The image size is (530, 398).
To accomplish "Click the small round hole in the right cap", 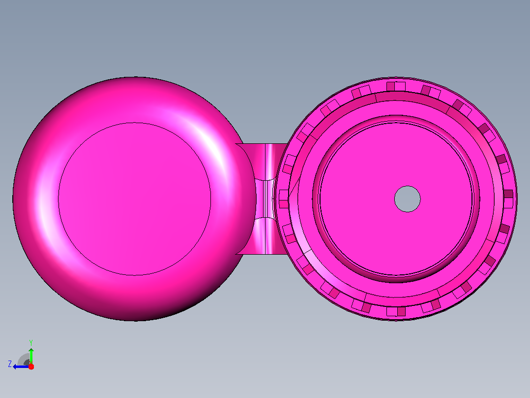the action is pyautogui.click(x=407, y=199).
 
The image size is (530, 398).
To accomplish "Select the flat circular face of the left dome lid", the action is pyautogui.click(x=135, y=199).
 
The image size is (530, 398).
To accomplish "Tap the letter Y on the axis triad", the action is pyautogui.click(x=31, y=342).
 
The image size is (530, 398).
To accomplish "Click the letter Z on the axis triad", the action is pyautogui.click(x=10, y=364).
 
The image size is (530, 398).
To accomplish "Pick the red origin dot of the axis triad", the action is pyautogui.click(x=31, y=366).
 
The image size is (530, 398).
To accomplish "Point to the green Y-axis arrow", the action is pyautogui.click(x=31, y=356).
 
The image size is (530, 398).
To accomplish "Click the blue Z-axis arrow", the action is pyautogui.click(x=21, y=366).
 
